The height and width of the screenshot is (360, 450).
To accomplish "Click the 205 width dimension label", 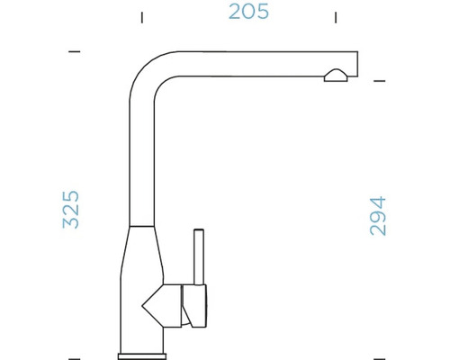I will point(248,12).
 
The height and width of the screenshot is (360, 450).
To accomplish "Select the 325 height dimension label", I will point(71,209).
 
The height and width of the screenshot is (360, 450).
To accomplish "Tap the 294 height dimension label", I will point(378,216).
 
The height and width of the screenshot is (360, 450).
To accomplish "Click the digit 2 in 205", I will point(236,12).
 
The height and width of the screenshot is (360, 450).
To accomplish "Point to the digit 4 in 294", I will point(378,202).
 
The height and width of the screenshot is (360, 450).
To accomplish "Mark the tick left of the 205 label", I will point(140,17).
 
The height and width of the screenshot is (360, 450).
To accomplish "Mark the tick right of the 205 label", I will point(336,17).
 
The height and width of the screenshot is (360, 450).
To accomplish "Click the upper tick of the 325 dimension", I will point(75,52).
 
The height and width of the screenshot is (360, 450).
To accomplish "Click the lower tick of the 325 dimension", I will point(75,358).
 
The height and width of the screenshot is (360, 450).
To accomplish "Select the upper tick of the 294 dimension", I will point(379,81).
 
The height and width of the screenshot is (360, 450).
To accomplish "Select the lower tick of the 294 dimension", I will point(379,358).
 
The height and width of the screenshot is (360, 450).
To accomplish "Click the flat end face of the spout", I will point(358,62).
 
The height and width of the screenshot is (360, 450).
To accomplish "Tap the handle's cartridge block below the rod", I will point(195,303).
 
